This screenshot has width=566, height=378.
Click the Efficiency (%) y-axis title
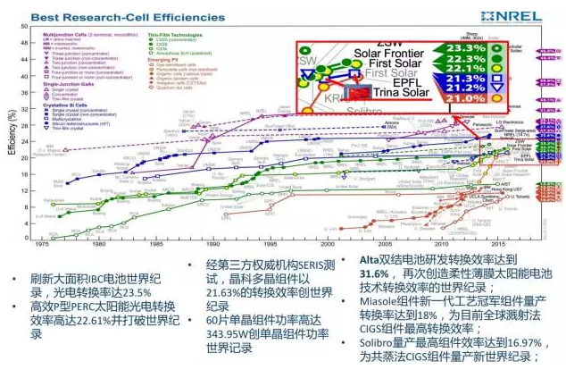point(11,139)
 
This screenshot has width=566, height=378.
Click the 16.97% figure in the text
point(505,344)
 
